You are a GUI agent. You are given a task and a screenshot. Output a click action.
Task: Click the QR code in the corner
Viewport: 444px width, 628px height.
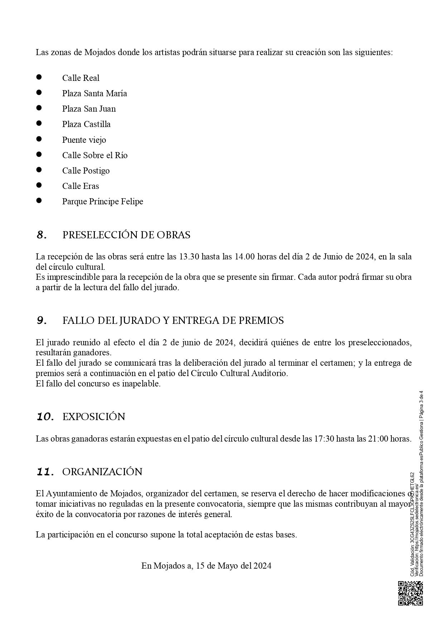pos(410,593)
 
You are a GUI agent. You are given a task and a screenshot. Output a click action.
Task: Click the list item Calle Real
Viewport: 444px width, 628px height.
pos(81,78)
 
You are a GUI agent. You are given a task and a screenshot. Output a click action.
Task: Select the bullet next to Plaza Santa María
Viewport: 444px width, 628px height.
pos(39,92)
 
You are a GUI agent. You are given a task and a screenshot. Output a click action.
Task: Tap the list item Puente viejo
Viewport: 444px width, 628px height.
pos(84,140)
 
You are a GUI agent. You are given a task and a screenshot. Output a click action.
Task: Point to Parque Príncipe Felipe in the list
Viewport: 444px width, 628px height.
pos(102,201)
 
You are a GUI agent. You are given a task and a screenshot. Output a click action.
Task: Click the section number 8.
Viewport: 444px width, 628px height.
pos(42,235)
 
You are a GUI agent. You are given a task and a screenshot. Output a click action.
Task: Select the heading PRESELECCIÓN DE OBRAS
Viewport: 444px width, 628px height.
pos(126,235)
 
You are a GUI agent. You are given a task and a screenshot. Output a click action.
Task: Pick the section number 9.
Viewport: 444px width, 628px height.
pos(42,321)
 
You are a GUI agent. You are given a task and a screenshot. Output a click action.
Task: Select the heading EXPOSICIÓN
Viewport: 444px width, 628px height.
pos(94,417)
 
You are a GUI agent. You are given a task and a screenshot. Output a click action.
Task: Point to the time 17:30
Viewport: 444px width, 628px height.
pos(324,439)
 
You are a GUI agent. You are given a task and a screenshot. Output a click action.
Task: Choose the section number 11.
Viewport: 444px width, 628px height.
pos(45,472)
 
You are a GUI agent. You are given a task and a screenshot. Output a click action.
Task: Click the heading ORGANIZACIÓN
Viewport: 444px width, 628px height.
pos(102,472)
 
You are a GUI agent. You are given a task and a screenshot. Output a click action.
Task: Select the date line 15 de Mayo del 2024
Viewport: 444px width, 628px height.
pos(206,566)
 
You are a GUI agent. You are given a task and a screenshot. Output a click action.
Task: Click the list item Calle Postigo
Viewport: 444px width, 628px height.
pos(86,171)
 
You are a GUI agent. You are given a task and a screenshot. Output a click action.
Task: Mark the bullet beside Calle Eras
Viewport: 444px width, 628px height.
pos(39,185)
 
